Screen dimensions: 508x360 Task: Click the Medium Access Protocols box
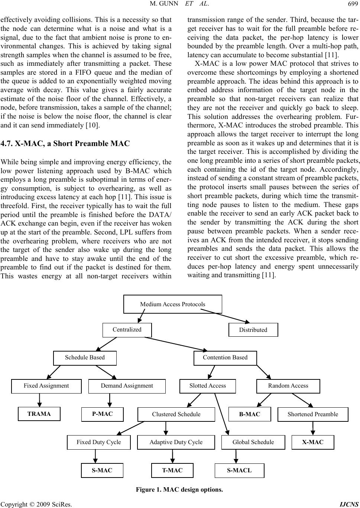172,304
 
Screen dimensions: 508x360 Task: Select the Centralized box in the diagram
127,330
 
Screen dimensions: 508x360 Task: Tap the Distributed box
253,330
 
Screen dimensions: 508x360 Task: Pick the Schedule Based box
85,358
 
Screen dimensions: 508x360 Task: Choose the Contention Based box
225,358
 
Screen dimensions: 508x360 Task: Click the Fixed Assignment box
46,386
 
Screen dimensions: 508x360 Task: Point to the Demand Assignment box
127,386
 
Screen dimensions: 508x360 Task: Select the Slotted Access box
208,386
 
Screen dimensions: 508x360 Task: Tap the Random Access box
288,386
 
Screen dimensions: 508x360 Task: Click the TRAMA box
39,414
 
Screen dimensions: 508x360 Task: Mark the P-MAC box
103,414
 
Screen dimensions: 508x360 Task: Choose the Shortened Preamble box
313,414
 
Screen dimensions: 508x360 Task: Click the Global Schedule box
253,442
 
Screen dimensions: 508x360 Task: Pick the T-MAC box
172,470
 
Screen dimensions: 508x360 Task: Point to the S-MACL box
239,470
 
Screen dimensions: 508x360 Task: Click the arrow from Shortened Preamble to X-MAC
313,428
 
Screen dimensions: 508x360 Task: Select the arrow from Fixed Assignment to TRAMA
39,400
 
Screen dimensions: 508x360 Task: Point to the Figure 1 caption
179,489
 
